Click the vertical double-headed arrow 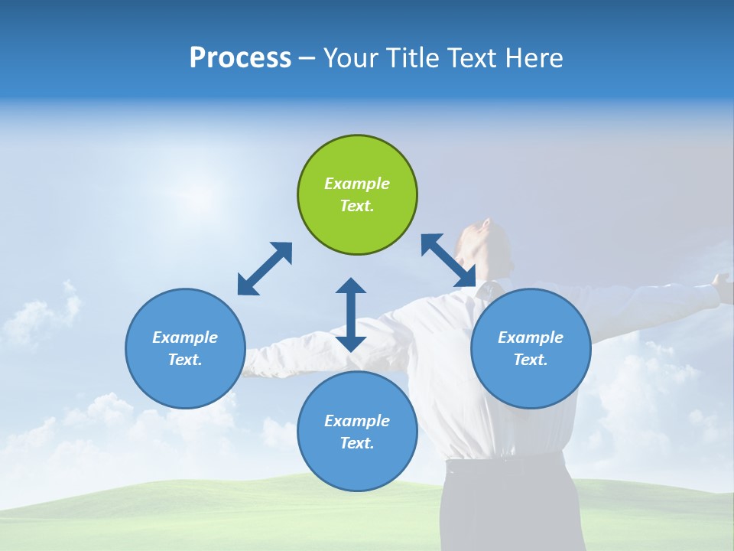[x=351, y=315]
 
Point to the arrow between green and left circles [x=265, y=269]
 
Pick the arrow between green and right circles [x=448, y=260]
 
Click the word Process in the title [x=240, y=58]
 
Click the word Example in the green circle [x=357, y=184]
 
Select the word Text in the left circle [x=185, y=360]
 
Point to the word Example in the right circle [x=531, y=337]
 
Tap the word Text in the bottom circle [x=357, y=443]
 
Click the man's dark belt [x=505, y=461]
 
